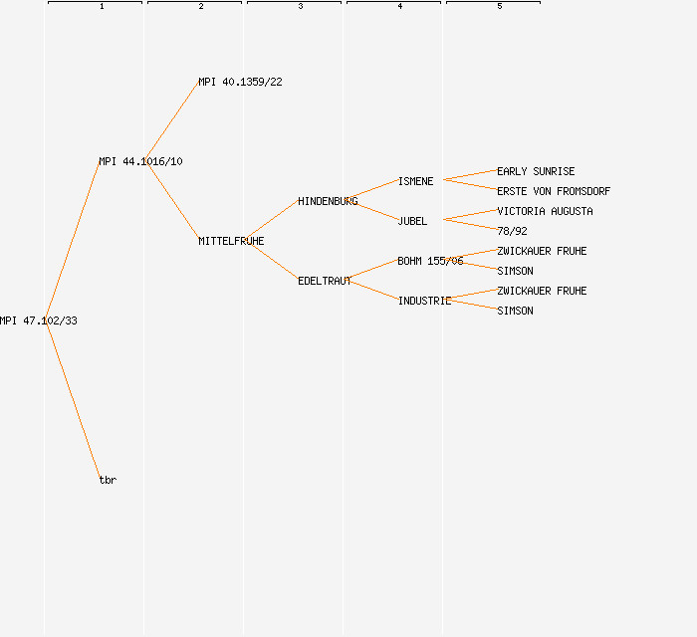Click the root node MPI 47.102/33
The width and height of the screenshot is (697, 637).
pos(39,320)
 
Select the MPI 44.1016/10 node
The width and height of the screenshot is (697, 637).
pos(140,161)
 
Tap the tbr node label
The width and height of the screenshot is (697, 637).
pos(108,480)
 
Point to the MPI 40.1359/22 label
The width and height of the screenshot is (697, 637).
pos(240,82)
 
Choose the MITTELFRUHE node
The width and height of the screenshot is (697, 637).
pos(231,241)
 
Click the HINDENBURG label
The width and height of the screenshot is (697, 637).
pos(328,201)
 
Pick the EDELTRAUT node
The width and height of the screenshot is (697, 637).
pos(325,281)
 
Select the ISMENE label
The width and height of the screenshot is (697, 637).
pos(415,181)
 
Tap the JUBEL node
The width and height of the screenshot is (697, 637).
pos(412,221)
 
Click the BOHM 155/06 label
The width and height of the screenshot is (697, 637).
pos(430,261)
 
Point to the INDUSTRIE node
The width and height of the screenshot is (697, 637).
pos(424,301)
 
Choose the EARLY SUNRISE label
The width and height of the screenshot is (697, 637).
pos(536,171)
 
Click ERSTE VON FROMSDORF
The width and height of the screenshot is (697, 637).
pos(554,191)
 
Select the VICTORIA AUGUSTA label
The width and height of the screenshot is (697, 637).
pos(545,211)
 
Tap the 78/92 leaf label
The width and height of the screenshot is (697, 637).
pos(512,231)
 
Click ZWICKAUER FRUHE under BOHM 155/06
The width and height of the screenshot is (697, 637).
pos(542,251)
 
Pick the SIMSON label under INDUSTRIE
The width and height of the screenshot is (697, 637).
pos(515,311)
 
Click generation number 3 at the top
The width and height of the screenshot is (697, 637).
pos(300,7)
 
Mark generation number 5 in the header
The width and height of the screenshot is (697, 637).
pos(499,7)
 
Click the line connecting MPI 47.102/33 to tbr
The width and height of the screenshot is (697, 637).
pos(73,400)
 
